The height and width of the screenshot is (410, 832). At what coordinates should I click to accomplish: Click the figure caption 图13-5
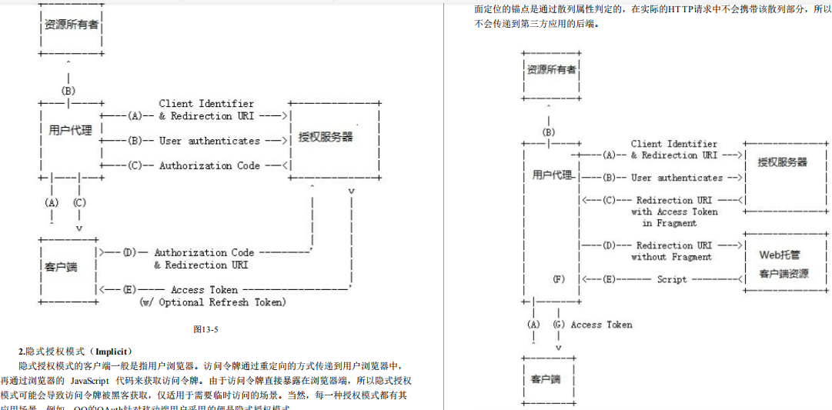(206, 329)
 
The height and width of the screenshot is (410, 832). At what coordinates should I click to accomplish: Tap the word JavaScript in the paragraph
(92, 380)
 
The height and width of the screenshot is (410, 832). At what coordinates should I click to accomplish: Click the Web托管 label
(780, 255)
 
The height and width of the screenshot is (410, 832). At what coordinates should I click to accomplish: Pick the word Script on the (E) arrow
(672, 279)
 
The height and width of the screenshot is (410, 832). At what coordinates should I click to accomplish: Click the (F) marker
(560, 279)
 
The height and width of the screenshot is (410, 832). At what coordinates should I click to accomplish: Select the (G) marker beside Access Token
(560, 325)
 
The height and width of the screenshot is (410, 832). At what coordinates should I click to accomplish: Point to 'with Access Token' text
(674, 212)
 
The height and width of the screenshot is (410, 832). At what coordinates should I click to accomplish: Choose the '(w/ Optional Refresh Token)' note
(212, 302)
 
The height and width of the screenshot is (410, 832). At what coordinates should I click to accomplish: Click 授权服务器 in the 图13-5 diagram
(326, 137)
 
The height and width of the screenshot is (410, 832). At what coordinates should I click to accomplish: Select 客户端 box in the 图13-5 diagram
(61, 266)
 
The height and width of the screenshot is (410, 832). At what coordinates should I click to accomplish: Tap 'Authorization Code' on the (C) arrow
(209, 165)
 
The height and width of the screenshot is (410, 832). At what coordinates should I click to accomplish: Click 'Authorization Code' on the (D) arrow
(204, 252)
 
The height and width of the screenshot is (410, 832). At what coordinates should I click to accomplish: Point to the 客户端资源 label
(784, 273)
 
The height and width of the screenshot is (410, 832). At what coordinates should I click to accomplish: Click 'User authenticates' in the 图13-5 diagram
(209, 141)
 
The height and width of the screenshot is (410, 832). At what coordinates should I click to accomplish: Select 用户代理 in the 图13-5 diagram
(70, 130)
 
